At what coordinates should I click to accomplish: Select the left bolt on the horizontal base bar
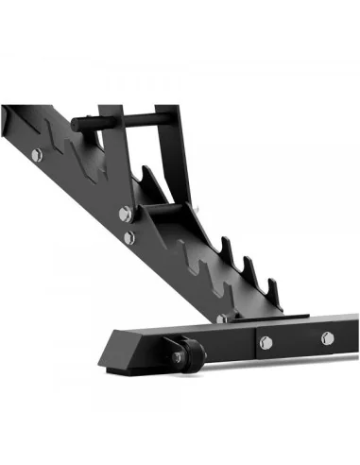pos(266,341)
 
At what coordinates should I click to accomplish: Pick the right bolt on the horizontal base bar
pos(327,336)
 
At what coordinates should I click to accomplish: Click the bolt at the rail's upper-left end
pos(36,154)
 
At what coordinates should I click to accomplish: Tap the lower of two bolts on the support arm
pos(129,236)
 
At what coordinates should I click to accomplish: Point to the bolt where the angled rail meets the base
pos(221,319)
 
